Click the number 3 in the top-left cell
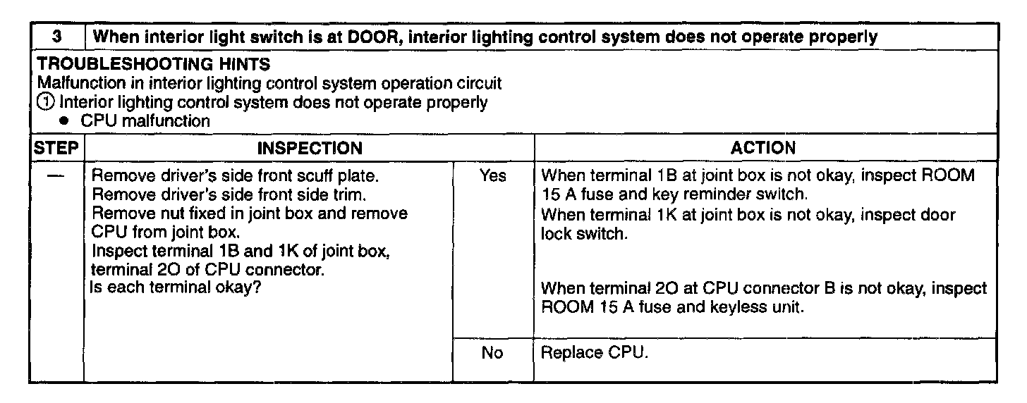pos(57,37)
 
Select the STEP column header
pos(56,148)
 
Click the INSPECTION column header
pos(310,148)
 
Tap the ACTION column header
pos(763,148)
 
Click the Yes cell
pos(493,175)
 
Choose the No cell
pos(492,352)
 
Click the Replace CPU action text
pos(595,352)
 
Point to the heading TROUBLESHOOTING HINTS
pos(154,64)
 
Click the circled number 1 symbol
pos(45,102)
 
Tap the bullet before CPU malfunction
pos(64,121)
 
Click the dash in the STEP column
pos(56,176)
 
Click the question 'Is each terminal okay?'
pos(175,287)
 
